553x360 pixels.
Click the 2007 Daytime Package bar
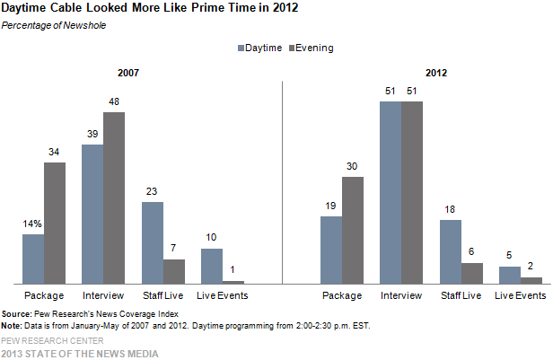33,259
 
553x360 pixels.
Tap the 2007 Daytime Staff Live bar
152,242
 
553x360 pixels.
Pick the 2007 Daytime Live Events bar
211,266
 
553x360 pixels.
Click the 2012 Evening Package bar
352,230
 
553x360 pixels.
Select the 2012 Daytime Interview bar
391,192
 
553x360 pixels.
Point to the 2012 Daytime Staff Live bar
450,251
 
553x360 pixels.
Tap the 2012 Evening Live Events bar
531,280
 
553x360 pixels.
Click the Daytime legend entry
261,47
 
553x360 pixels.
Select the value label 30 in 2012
353,166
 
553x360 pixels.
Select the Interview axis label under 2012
400,295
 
